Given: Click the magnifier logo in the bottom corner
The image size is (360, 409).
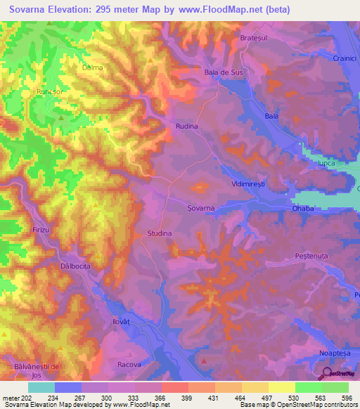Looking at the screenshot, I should click(x=328, y=375).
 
